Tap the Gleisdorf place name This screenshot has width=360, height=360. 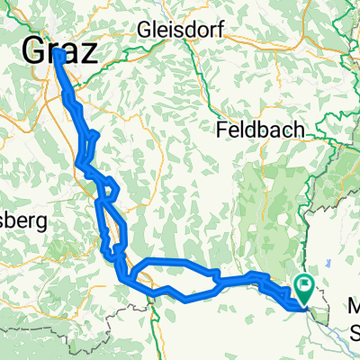(179, 31)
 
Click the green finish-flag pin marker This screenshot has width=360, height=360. (304, 288)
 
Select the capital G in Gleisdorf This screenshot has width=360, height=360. (144, 31)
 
